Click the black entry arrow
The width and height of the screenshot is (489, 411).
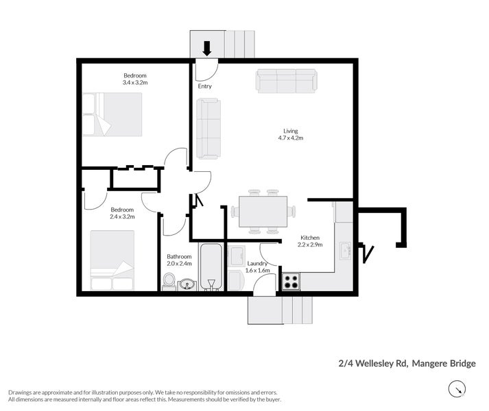[x=207, y=49]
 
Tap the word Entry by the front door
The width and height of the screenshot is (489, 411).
[x=204, y=86]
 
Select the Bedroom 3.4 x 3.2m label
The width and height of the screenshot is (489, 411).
[x=135, y=79]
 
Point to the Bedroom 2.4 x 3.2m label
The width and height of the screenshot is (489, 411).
[x=123, y=212]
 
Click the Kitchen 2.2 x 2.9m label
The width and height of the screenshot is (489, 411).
[x=309, y=241]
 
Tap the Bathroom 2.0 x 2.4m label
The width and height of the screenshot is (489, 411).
[x=179, y=260]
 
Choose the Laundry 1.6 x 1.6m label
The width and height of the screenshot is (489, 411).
[x=258, y=266]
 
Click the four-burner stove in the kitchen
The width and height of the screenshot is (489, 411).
[x=290, y=281]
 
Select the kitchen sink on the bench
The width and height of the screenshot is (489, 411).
[x=346, y=249]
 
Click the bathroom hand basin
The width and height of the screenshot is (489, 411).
[x=187, y=283]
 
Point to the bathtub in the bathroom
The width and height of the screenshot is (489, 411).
[x=211, y=266]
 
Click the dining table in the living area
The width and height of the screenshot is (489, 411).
[x=263, y=211]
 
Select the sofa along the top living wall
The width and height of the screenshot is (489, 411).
[x=286, y=80]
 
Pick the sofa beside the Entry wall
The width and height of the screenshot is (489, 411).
[x=208, y=128]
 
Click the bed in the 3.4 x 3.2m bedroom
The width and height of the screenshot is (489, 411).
[x=112, y=114]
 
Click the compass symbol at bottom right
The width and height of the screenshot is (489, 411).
[x=456, y=390]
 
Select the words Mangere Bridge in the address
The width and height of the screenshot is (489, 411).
[x=444, y=364]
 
